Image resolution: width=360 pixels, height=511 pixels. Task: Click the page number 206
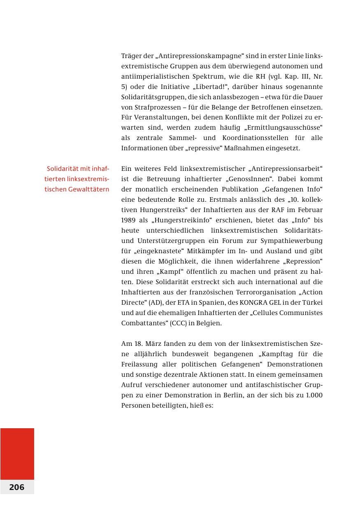tap(17, 487)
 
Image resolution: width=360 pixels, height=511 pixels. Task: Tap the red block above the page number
tap(17, 453)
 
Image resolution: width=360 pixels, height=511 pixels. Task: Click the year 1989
tap(128, 220)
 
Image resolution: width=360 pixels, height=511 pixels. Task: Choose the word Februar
tap(309, 210)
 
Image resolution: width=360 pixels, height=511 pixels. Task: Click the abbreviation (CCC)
tap(167, 323)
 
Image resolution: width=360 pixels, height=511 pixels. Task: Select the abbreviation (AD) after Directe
tap(149, 303)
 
